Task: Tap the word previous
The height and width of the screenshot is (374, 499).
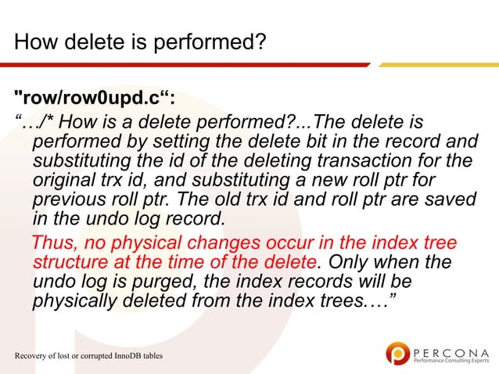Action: pyautogui.click(x=66, y=200)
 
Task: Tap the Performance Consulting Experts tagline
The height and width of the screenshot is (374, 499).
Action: pyautogui.click(x=449, y=362)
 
